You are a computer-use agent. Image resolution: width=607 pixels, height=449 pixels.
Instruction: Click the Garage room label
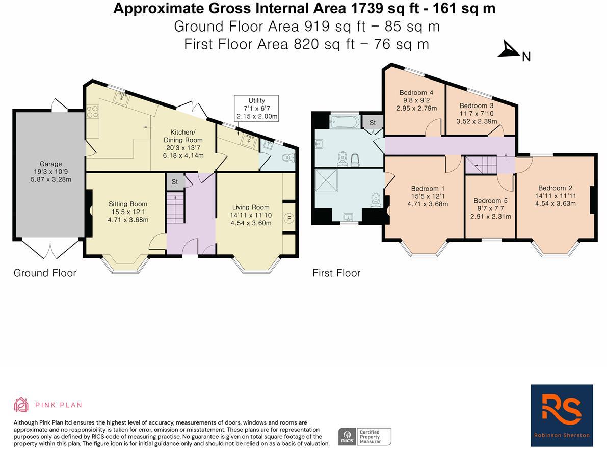(50, 164)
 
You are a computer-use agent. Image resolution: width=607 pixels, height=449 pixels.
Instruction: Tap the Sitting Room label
(128, 204)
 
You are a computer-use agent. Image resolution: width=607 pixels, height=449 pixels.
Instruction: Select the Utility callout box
(256, 108)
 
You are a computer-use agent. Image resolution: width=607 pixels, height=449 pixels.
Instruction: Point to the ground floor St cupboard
(174, 181)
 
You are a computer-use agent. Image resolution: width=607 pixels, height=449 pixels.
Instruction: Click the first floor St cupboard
(372, 122)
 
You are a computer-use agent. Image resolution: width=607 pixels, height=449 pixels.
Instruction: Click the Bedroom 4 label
(416, 93)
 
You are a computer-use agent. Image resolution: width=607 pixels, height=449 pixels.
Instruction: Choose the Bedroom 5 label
(490, 201)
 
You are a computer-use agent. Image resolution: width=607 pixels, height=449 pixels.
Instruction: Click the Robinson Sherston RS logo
(562, 412)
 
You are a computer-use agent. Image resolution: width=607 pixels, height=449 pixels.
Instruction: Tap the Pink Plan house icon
(21, 405)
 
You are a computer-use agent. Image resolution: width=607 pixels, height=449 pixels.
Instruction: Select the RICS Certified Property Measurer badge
(365, 437)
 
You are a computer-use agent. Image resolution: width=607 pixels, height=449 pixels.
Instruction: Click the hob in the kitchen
(92, 112)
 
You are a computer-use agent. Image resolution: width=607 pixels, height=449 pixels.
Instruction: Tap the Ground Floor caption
(45, 273)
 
